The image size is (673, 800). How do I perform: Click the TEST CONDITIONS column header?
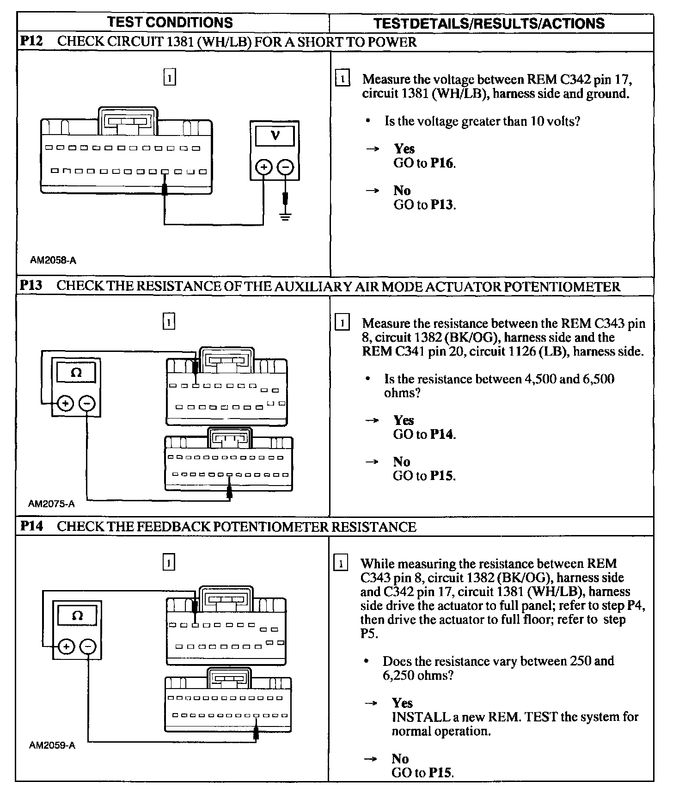click(170, 22)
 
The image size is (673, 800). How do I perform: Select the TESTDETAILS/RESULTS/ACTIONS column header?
click(489, 23)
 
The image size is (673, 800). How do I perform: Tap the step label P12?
click(31, 41)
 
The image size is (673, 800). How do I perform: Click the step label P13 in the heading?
click(31, 286)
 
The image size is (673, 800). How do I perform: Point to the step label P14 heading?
click(31, 526)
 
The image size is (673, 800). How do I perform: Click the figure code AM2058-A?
click(53, 260)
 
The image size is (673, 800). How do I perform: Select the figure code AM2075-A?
click(51, 504)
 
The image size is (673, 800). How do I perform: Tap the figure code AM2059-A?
click(52, 745)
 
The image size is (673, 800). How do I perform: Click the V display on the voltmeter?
click(275, 135)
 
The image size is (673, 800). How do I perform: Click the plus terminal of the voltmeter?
click(263, 167)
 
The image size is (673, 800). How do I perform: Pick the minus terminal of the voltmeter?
click(286, 167)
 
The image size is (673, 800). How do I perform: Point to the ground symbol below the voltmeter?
click(286, 215)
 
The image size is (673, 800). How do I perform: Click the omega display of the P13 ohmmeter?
click(76, 372)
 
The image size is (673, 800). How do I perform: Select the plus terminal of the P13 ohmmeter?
click(65, 404)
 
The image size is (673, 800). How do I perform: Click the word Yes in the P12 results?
click(404, 148)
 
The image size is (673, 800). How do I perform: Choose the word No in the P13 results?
click(401, 462)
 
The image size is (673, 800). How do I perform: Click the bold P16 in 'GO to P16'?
click(442, 163)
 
